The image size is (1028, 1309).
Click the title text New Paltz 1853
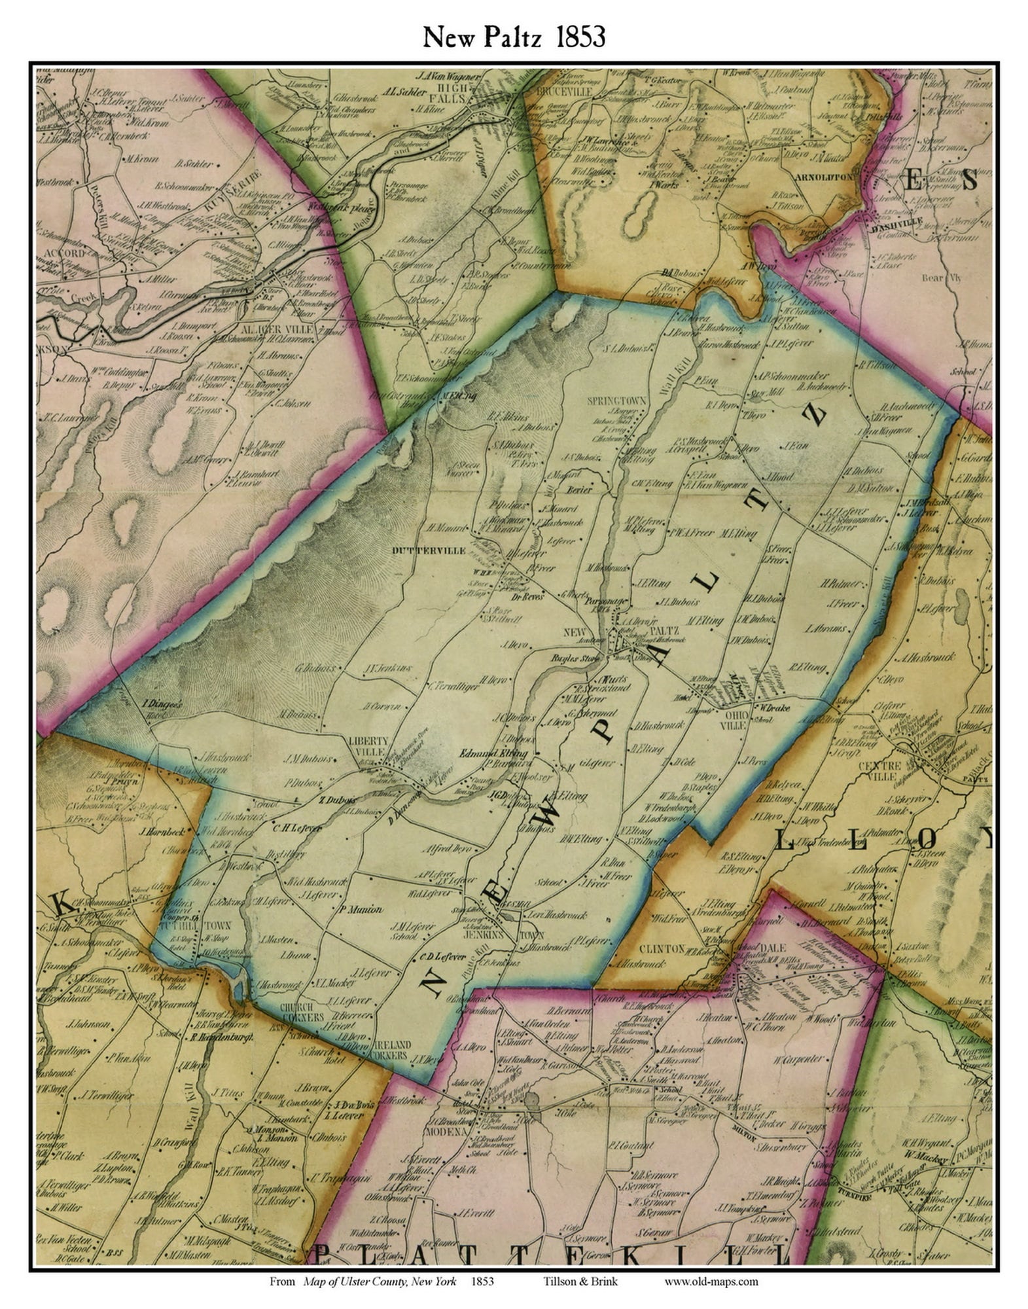pos(514,37)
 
